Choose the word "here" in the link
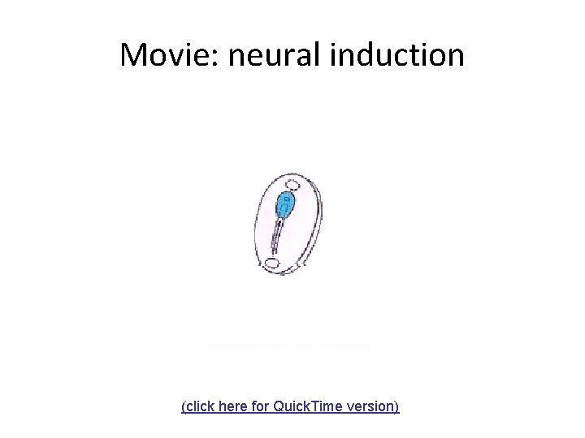pyautogui.click(x=237, y=406)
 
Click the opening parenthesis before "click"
pyautogui.click(x=184, y=406)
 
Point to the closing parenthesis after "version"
pyautogui.click(x=397, y=406)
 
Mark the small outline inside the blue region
pyautogui.click(x=284, y=208)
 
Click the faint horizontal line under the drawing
pyautogui.click(x=290, y=346)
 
